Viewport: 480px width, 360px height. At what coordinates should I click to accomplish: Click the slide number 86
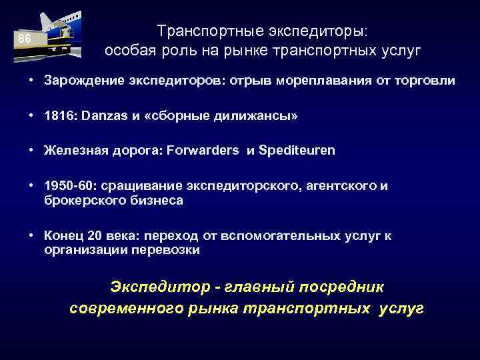tap(24, 39)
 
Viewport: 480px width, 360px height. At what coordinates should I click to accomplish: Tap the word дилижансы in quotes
tap(254, 116)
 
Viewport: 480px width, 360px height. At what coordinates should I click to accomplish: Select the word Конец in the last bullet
tap(61, 235)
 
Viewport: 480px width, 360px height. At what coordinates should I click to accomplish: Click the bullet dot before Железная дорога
tap(31, 151)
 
